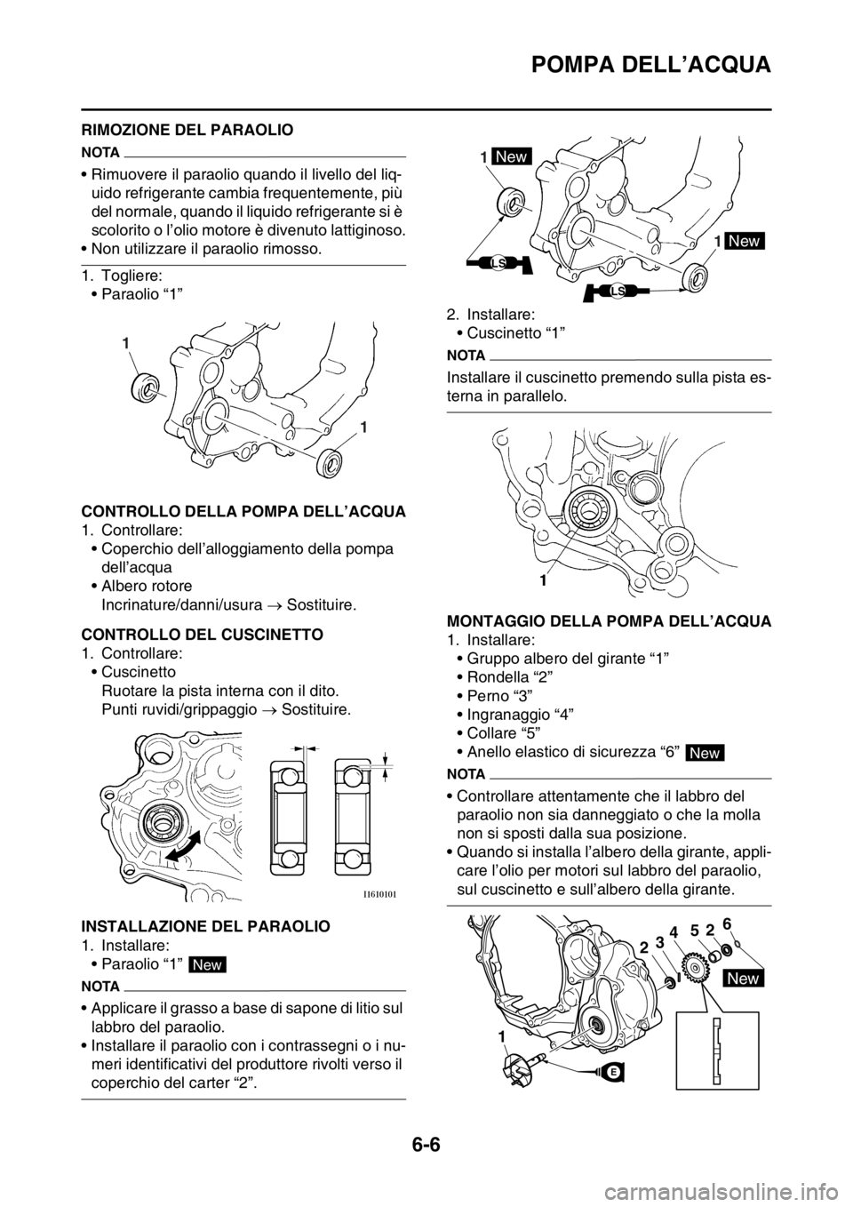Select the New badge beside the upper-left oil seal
pos(511,156)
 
